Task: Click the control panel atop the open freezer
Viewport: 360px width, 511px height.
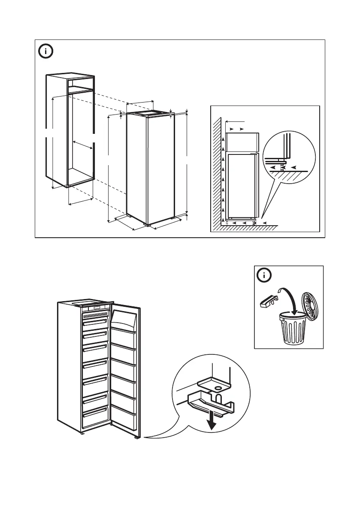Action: click(97, 308)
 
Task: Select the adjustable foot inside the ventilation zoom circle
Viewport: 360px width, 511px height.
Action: click(282, 166)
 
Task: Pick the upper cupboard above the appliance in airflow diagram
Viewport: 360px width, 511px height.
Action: click(243, 140)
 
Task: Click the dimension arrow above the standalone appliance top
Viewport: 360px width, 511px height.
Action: click(140, 103)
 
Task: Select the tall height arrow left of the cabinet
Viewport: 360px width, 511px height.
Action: click(53, 142)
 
